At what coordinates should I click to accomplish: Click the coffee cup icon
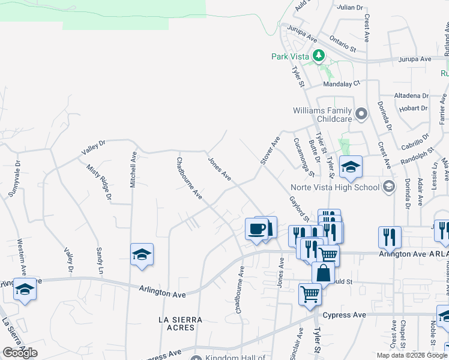[257, 229]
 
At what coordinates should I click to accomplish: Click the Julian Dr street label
[351, 8]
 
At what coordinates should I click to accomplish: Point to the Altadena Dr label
[411, 95]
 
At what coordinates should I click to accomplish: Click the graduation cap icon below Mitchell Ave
[142, 255]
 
